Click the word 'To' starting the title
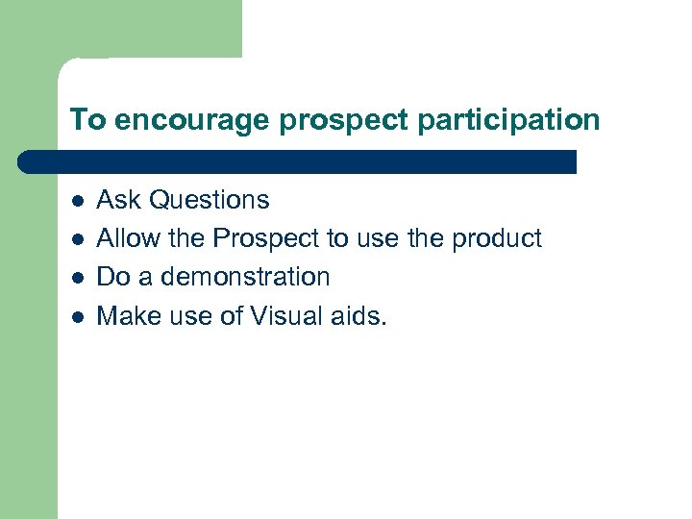pyautogui.click(x=86, y=119)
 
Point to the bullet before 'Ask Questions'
pyautogui.click(x=77, y=201)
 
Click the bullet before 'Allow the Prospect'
pyautogui.click(x=77, y=239)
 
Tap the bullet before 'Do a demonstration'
pyautogui.click(x=77, y=278)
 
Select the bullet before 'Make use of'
pyautogui.click(x=77, y=316)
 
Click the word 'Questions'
pyautogui.click(x=210, y=200)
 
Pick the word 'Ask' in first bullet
pyautogui.click(x=120, y=200)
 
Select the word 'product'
pyautogui.click(x=496, y=238)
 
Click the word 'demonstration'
pyautogui.click(x=245, y=277)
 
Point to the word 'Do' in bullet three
pyautogui.click(x=113, y=277)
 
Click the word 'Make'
pyautogui.click(x=127, y=315)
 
